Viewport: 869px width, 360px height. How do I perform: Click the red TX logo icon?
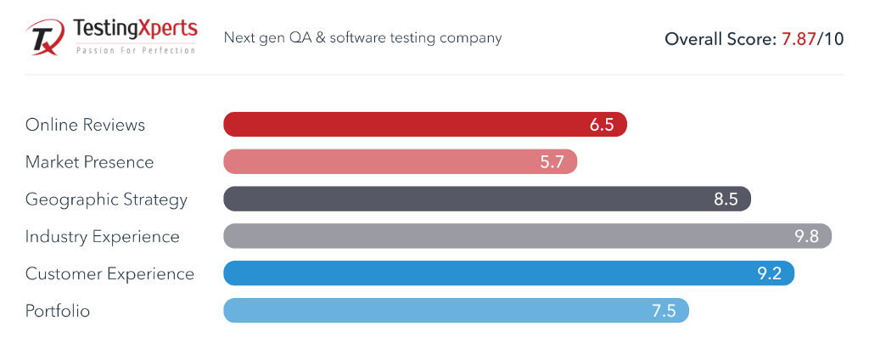click(x=44, y=38)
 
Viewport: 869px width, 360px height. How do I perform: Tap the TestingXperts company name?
click(x=136, y=31)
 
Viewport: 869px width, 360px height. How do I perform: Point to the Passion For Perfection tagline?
click(x=136, y=50)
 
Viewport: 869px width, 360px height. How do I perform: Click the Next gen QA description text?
click(x=362, y=37)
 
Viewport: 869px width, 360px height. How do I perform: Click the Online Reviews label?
click(x=85, y=125)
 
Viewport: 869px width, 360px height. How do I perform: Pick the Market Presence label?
click(x=89, y=162)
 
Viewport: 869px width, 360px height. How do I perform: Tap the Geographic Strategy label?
click(x=106, y=200)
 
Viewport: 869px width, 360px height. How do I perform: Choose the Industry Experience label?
click(x=102, y=237)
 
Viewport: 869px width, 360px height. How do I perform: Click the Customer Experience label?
click(x=109, y=274)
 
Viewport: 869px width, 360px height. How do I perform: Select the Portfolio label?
click(x=58, y=312)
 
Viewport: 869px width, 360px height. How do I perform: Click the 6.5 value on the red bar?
click(x=602, y=125)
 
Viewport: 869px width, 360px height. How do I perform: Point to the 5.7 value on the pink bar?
click(x=552, y=162)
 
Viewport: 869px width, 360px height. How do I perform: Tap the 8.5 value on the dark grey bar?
click(x=726, y=200)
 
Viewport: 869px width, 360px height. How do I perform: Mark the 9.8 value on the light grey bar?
click(x=806, y=237)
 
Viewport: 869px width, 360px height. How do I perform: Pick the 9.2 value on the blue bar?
click(x=769, y=274)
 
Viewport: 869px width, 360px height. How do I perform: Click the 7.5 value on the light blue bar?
click(x=664, y=312)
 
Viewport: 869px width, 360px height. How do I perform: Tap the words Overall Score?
click(x=717, y=39)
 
